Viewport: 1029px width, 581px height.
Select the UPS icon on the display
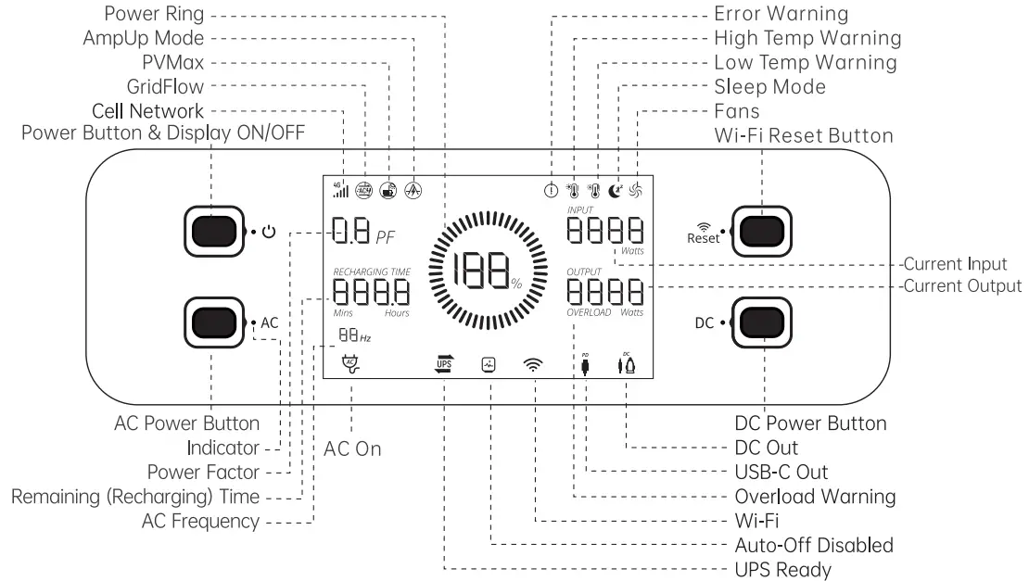click(x=443, y=364)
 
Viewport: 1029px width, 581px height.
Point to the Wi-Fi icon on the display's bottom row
click(x=534, y=365)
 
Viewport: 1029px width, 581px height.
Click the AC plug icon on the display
click(x=350, y=365)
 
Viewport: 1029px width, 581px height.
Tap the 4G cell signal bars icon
click(x=341, y=189)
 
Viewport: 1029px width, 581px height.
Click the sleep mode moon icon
click(x=617, y=191)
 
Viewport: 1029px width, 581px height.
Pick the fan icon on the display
click(x=636, y=191)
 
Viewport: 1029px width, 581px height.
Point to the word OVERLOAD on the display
click(x=589, y=312)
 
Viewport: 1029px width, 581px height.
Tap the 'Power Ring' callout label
click(x=154, y=14)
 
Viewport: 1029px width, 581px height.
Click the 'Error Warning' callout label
click(x=781, y=14)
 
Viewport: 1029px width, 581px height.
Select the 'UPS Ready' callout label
click(x=782, y=569)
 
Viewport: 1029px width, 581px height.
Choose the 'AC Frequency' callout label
click(x=200, y=521)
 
